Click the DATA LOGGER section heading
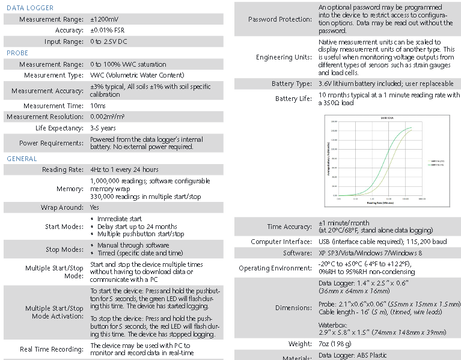[x=30, y=8]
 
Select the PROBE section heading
[x=17, y=53]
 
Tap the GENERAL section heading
[x=22, y=159]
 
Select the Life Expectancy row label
[x=59, y=128]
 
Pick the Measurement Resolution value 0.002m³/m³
[x=116, y=117]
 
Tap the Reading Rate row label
[x=63, y=169]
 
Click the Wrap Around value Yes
[x=95, y=207]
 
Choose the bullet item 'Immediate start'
[x=120, y=219]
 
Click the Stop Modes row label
[x=64, y=249]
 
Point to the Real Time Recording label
[x=52, y=349]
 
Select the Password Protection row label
[x=280, y=19]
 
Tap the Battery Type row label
[x=292, y=84]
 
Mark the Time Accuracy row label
[x=289, y=227]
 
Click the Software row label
[x=297, y=253]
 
